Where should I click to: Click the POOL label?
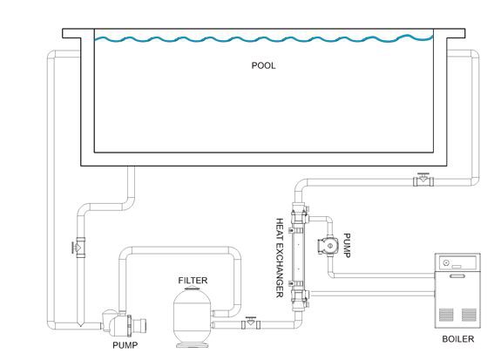[x=263, y=65]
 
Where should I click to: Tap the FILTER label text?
[x=193, y=281]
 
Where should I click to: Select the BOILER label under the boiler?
[x=457, y=339]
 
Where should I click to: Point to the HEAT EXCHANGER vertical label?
[x=280, y=258]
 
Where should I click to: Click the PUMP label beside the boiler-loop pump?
[x=347, y=245]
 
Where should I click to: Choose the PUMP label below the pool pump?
[x=125, y=345]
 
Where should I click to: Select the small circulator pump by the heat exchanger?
[x=328, y=246]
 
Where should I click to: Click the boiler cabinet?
[x=457, y=290]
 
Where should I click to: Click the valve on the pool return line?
[x=423, y=180]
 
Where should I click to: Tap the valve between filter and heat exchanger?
[x=251, y=323]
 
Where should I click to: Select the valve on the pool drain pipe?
[x=79, y=248]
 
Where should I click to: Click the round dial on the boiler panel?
[x=446, y=262]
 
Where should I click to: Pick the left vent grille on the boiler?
[x=446, y=315]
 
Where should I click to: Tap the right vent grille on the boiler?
[x=469, y=315]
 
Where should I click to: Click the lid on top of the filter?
[x=193, y=289]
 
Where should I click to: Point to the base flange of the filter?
[x=192, y=345]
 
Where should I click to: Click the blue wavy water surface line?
[x=264, y=38]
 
